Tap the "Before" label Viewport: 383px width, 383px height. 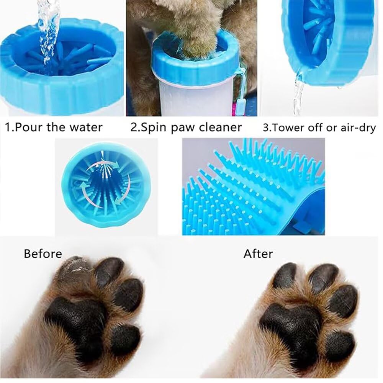coord(43,254)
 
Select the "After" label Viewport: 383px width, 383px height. coord(258,254)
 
